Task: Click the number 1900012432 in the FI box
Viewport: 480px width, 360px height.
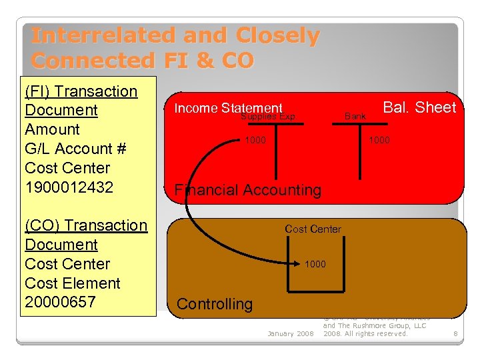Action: pos(67,187)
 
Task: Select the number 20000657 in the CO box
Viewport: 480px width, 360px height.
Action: pos(61,302)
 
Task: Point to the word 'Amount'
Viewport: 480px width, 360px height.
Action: pos(52,129)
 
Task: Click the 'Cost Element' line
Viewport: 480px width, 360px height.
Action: pos(73,283)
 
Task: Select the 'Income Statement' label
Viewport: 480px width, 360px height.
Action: pos(228,108)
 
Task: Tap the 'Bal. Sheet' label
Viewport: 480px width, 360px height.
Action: pos(419,108)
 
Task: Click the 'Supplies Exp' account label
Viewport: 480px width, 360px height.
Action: pos(268,117)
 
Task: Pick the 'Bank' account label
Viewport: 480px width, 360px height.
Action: pos(355,117)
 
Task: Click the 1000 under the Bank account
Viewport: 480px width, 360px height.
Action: pos(379,140)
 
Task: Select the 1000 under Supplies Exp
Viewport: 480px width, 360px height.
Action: pos(255,140)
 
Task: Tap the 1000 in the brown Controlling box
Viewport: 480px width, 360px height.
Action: pos(315,264)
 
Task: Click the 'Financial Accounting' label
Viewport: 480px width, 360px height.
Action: pos(247,190)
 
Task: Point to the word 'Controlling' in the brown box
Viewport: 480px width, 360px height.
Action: pos(215,305)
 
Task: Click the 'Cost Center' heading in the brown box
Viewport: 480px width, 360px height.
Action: pos(313,229)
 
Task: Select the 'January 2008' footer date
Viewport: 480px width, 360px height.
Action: pos(290,333)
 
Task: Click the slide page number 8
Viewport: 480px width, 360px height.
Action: pos(455,333)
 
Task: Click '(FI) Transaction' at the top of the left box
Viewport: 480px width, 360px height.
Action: pos(81,91)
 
